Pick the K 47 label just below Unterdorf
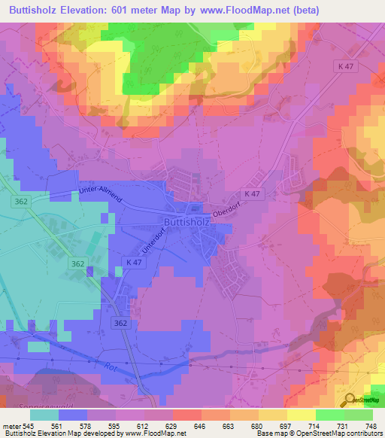pos(135,260)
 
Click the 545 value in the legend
pos(28,425)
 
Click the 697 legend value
pos(289,425)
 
